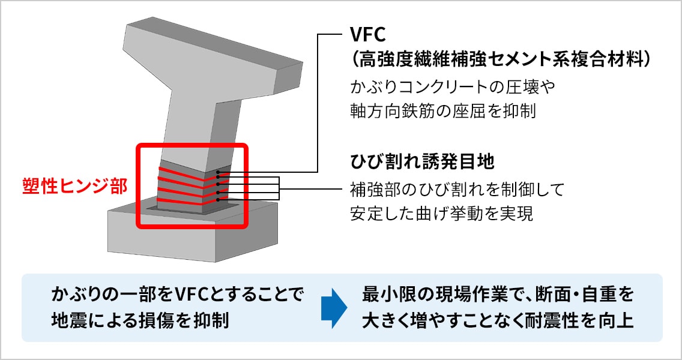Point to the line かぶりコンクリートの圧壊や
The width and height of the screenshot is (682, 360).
point(454,88)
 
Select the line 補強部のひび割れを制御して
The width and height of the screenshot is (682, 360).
point(457,190)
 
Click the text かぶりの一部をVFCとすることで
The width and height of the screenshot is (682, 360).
point(178,295)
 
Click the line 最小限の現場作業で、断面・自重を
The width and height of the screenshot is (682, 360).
point(498,295)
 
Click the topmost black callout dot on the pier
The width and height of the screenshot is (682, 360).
point(218,172)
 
